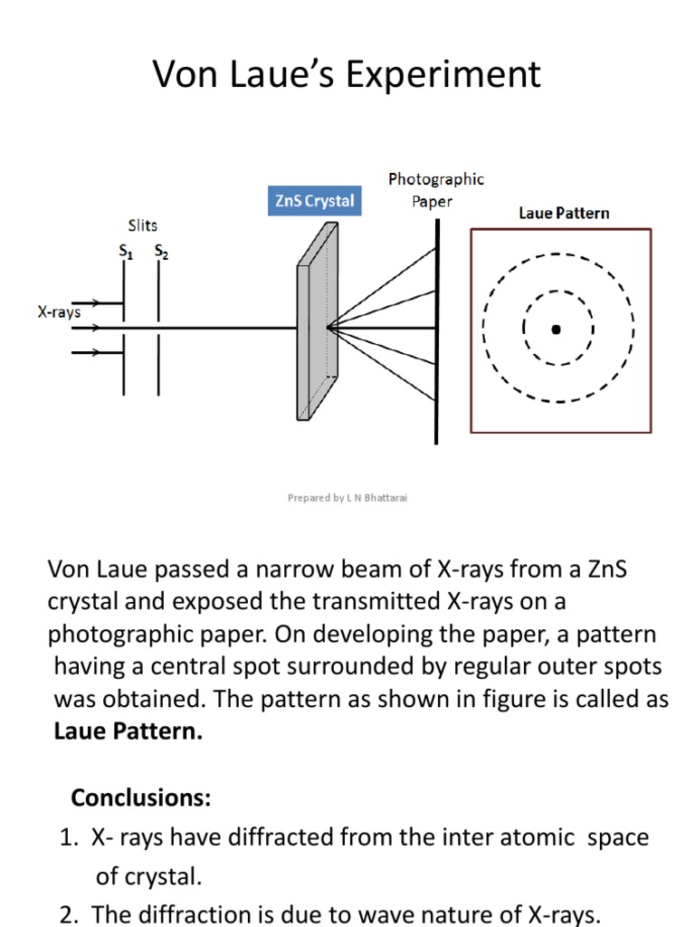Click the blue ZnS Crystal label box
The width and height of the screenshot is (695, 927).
315,201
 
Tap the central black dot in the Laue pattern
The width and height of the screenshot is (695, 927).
556,330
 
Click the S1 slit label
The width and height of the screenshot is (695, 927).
126,253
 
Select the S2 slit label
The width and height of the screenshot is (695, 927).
161,253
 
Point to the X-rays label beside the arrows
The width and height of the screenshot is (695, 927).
59,312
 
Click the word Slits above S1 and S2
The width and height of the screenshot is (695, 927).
143,225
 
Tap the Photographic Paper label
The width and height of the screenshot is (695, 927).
436,189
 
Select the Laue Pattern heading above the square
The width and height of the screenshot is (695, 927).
564,214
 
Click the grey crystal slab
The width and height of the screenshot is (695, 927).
319,326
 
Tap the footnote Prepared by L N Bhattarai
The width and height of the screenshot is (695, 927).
347,498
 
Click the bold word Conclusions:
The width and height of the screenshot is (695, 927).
141,798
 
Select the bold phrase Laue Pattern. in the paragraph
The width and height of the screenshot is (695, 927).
128,731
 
